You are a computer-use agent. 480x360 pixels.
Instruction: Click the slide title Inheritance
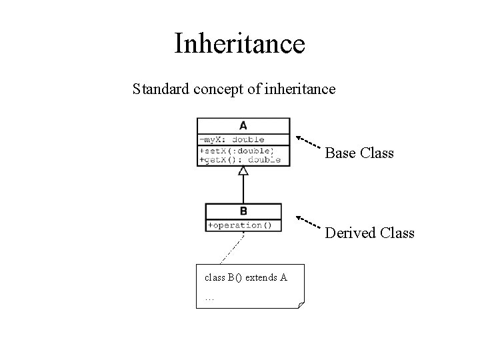pos(239,43)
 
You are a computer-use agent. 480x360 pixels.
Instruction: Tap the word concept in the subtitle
pos(217,89)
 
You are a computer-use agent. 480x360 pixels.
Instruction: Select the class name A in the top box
pos(243,125)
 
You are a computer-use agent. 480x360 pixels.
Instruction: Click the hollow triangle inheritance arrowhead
pos(243,171)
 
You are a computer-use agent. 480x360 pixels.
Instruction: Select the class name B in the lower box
pos(243,211)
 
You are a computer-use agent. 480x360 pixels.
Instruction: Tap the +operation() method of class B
pos(240,225)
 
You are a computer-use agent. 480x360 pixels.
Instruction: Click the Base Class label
pos(359,153)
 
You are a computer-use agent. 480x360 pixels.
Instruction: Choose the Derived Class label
pos(369,233)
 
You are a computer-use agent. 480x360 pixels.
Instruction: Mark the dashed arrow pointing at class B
pos(309,222)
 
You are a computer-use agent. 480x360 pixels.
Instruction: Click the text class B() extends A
pos(245,277)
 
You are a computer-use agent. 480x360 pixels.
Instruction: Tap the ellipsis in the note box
pos(209,298)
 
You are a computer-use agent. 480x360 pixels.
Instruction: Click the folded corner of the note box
pos(301,305)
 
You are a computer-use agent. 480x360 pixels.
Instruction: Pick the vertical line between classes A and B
pos(243,189)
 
